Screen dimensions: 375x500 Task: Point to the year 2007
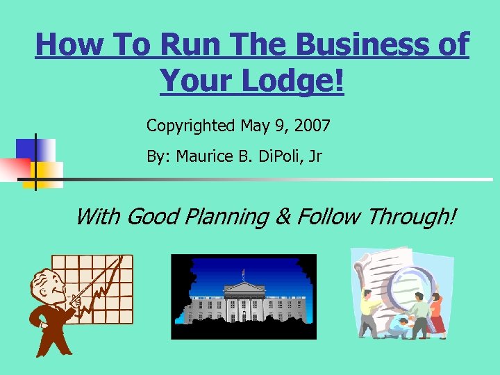(312, 126)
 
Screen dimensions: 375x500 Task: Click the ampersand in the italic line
(283, 217)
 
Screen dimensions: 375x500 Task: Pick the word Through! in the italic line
(412, 217)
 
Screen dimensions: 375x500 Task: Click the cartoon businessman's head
(46, 285)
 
